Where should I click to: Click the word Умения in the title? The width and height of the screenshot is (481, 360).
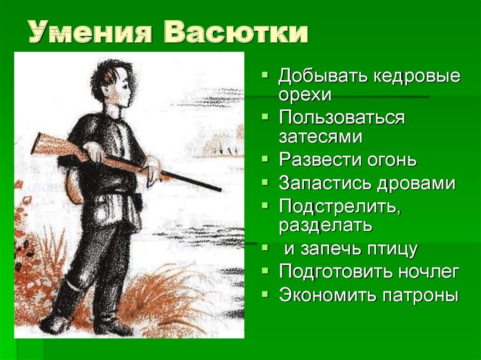(90, 32)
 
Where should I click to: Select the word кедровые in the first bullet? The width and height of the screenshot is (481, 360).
(417, 77)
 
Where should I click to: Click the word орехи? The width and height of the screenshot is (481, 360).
(305, 95)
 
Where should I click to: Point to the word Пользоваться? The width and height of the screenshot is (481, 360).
(342, 118)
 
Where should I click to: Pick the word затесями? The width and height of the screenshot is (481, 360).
(320, 137)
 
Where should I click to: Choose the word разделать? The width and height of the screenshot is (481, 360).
(326, 226)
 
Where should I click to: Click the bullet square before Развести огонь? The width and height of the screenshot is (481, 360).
(265, 159)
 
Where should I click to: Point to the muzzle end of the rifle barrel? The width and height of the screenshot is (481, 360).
(220, 190)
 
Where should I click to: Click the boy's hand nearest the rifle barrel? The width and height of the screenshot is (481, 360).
(153, 170)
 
